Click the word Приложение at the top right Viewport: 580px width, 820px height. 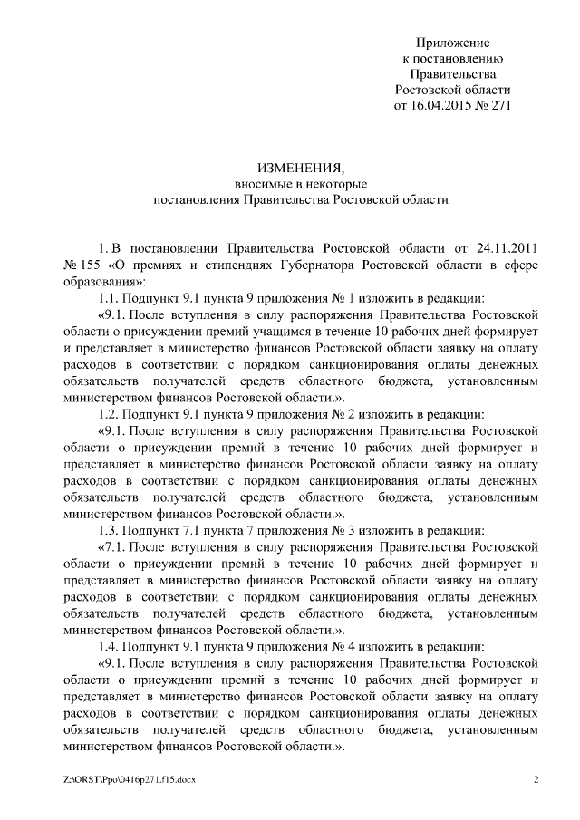tap(453, 43)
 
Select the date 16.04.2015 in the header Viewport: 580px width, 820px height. tap(444, 106)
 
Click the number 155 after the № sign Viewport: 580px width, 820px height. tap(92, 264)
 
